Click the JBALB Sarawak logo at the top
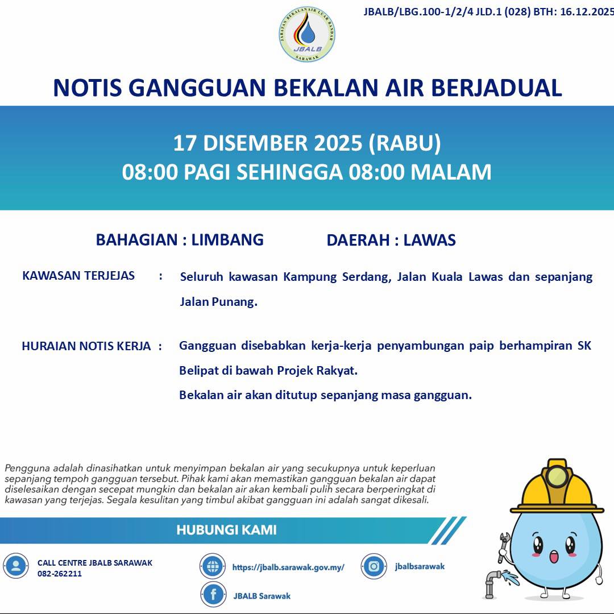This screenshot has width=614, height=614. tap(307, 34)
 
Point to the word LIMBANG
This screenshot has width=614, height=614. tap(227, 239)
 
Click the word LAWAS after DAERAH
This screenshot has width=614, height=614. tap(429, 240)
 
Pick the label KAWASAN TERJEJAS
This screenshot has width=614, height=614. tap(78, 276)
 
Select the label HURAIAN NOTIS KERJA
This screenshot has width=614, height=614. tap(86, 346)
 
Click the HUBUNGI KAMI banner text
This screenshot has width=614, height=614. tap(226, 530)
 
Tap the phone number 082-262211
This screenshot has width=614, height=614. tap(60, 574)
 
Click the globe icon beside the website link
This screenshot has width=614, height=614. tap(213, 566)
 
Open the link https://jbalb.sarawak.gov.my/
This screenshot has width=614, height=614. tap(288, 567)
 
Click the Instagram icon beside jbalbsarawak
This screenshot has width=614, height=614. tap(374, 566)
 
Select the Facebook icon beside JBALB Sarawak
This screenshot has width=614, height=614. tap(213, 595)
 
